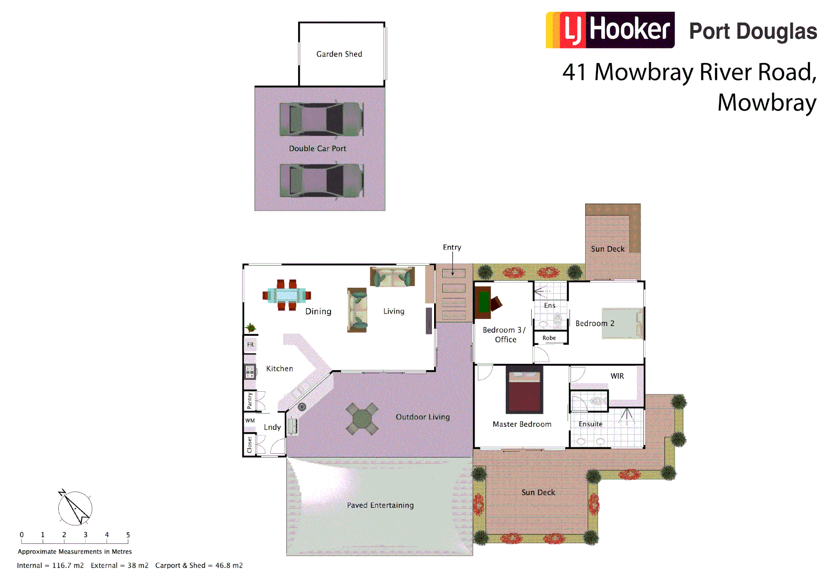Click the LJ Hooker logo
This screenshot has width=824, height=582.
pos(610,30)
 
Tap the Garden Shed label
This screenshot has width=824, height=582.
pos(339,54)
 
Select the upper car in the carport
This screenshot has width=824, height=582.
pos(321,119)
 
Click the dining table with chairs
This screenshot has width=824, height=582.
pos(287,295)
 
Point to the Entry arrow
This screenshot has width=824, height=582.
pos(452,265)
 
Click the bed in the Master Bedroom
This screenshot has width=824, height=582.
pos(524,390)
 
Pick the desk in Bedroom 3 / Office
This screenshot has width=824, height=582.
pos(484,302)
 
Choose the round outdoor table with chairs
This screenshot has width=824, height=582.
pos(362,419)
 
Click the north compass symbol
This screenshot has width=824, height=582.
pos(75,508)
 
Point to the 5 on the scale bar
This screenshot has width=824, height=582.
pos(128,535)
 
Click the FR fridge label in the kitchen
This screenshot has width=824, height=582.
pos(250,345)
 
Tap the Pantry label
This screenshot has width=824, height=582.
pos(250,400)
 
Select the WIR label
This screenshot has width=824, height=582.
pos(617,376)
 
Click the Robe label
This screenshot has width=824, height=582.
pos(549,338)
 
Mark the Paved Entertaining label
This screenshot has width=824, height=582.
pos(380,505)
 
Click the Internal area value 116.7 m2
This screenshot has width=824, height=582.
pos(68,565)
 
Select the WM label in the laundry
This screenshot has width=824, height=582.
pos(250,421)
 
